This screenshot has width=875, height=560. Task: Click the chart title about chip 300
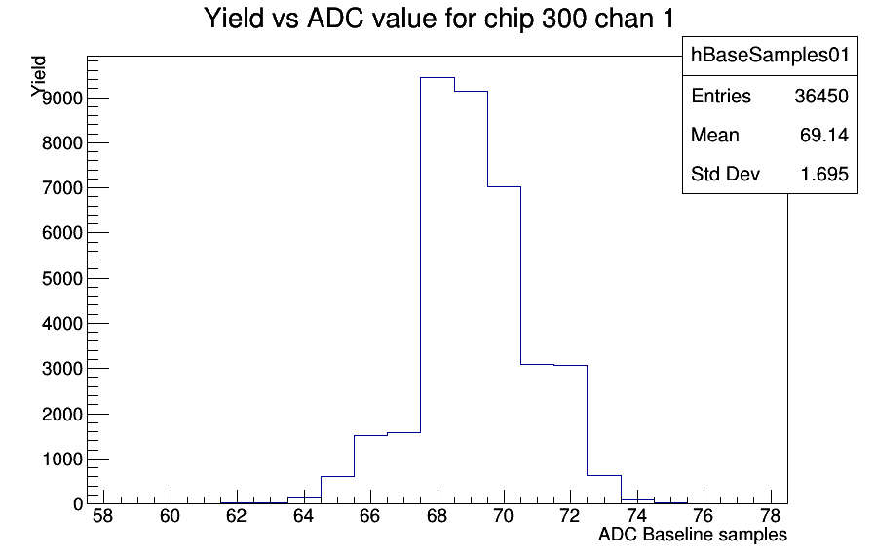tap(438, 19)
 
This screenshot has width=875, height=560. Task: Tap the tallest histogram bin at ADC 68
tap(437, 291)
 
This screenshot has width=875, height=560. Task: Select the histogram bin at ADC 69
tap(471, 298)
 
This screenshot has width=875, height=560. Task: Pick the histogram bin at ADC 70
tap(505, 345)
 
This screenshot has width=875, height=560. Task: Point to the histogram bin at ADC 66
tap(370, 469)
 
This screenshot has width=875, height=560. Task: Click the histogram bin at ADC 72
tap(571, 434)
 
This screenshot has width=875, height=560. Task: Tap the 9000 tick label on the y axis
tap(62, 99)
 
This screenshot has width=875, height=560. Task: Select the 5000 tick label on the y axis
tap(62, 278)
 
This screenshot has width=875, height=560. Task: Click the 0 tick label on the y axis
tap(78, 504)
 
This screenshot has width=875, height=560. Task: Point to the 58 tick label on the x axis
tap(102, 516)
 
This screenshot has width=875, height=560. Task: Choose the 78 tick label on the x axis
tap(771, 516)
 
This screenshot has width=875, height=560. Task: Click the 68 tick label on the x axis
tap(437, 516)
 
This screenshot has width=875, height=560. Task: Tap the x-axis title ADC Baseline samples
tap(693, 535)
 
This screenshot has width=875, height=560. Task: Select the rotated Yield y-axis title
tap(39, 76)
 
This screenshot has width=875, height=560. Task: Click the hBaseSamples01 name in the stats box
tap(770, 55)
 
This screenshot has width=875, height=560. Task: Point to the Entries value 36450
tap(821, 97)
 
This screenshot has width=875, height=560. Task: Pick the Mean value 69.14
tap(824, 136)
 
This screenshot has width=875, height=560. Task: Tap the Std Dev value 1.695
tap(824, 175)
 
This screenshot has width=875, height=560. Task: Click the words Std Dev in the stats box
tap(726, 175)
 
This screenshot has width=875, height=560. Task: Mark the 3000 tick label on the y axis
tap(62, 369)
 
